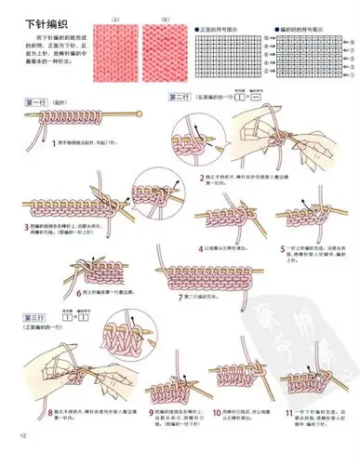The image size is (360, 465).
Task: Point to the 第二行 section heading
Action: pyautogui.click(x=181, y=98)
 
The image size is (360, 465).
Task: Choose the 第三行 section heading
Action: pyautogui.click(x=35, y=318)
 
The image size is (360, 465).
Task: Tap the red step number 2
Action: pyautogui.click(x=202, y=176)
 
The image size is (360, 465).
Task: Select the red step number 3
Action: pyautogui.click(x=26, y=226)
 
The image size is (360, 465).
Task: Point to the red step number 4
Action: pyautogui.click(x=201, y=248)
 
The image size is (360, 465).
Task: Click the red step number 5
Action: pyautogui.click(x=283, y=247)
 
